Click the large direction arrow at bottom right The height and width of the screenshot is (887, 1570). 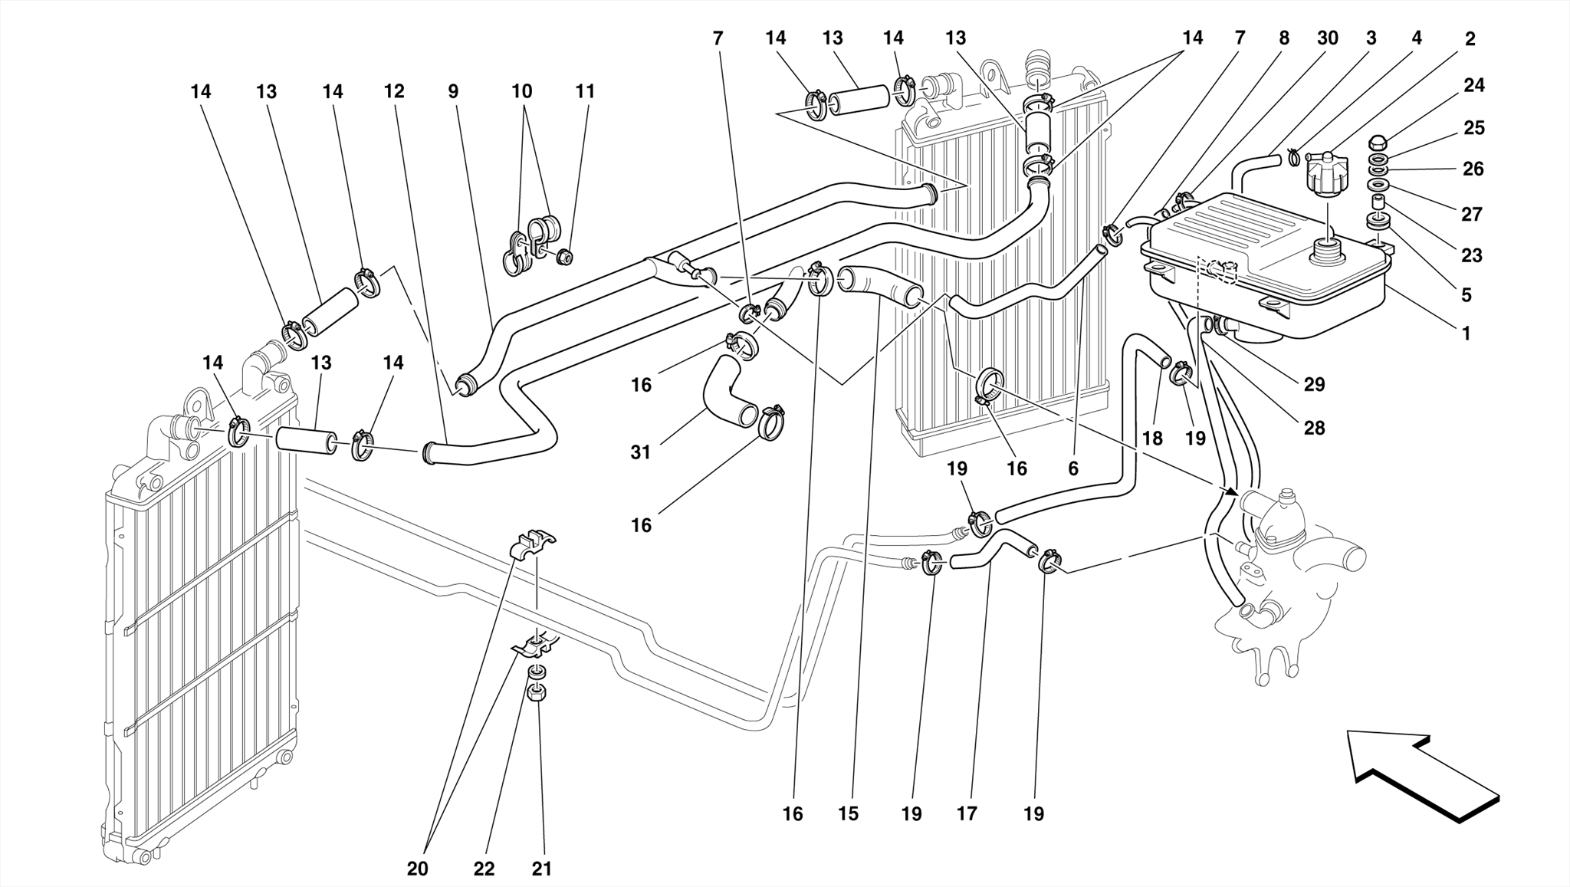1422,774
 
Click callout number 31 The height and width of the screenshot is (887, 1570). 640,453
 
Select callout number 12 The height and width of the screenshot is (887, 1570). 394,92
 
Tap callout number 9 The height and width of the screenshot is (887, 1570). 453,92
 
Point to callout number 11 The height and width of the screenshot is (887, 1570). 585,92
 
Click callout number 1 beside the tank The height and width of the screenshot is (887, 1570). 1466,333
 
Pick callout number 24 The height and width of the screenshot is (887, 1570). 1473,86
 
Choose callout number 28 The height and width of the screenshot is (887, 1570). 1314,428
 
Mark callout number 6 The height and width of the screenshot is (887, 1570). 1072,468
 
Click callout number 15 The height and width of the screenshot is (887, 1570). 848,814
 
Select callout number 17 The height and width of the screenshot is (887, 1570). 967,814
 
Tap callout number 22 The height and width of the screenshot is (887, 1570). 484,869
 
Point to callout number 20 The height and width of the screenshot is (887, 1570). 418,869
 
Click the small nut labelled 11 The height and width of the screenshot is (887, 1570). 565,257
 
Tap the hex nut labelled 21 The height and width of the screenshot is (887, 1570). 537,693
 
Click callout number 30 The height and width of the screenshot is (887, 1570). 1328,38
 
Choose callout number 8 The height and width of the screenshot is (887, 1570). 1284,38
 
